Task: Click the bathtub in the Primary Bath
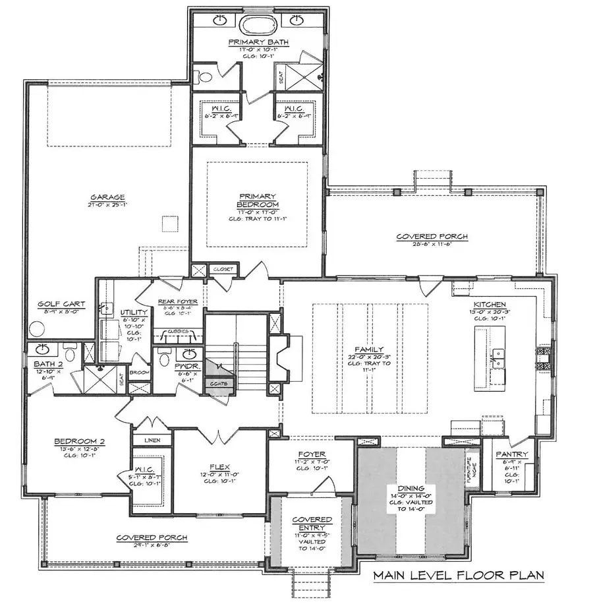(258, 26)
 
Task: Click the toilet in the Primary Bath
(205, 77)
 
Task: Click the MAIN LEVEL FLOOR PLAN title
(459, 574)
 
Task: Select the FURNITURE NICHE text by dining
(470, 468)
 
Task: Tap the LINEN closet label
(152, 439)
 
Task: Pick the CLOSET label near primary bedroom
(219, 269)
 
